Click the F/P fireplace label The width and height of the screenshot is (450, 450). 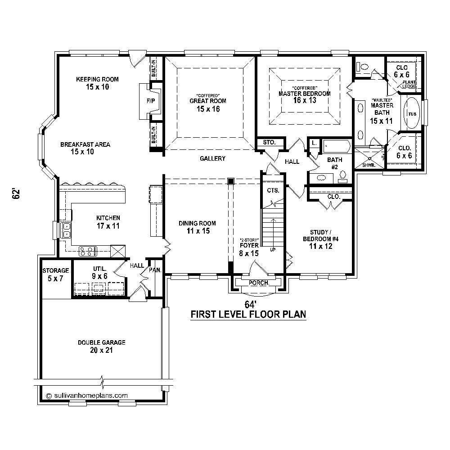click(151, 101)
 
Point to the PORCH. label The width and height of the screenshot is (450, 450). click(258, 283)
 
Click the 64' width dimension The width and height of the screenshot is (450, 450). click(250, 304)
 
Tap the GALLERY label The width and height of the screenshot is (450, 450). click(212, 158)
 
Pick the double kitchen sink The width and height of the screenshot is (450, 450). click(66, 230)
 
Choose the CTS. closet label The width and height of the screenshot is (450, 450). click(273, 190)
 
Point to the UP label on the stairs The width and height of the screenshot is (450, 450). click(273, 249)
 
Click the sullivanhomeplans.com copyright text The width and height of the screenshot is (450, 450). click(87, 395)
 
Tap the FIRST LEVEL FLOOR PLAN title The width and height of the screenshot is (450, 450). click(248, 314)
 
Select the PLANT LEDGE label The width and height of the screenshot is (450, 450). click(409, 84)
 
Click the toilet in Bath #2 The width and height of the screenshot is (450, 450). click(343, 175)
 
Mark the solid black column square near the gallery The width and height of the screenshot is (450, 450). click(231, 181)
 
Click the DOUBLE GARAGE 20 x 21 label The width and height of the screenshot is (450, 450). click(101, 346)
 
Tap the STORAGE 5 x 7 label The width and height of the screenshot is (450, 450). click(55, 274)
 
